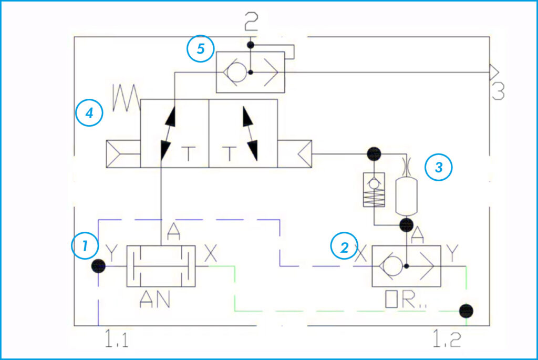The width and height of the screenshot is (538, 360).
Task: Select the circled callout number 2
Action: point(344,246)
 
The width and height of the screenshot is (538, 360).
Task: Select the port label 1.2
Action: point(446,341)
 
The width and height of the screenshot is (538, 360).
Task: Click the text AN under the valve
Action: point(155,300)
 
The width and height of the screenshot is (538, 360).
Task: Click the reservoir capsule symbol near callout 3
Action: point(406,195)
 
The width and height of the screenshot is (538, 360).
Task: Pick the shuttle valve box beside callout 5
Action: point(251,73)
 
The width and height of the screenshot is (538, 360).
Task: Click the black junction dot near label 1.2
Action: point(464,311)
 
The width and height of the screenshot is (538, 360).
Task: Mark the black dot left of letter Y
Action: point(98,266)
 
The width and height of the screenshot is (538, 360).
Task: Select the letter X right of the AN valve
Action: point(210,255)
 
